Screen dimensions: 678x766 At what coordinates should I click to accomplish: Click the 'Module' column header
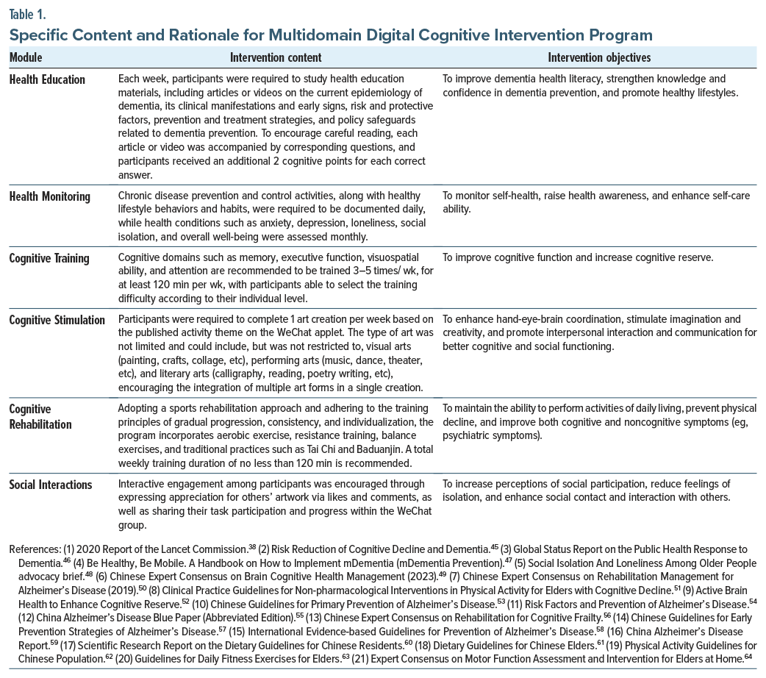click(26, 57)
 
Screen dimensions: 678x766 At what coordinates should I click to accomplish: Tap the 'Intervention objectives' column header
click(599, 57)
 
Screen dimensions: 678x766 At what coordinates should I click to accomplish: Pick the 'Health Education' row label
click(47, 79)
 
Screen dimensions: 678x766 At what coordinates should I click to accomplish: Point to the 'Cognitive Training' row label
click(49, 258)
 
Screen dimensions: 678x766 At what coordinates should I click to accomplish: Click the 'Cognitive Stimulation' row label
click(57, 320)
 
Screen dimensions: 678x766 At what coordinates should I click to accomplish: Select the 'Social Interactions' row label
click(51, 485)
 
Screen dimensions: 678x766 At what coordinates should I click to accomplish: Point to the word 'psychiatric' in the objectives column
click(471, 435)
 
